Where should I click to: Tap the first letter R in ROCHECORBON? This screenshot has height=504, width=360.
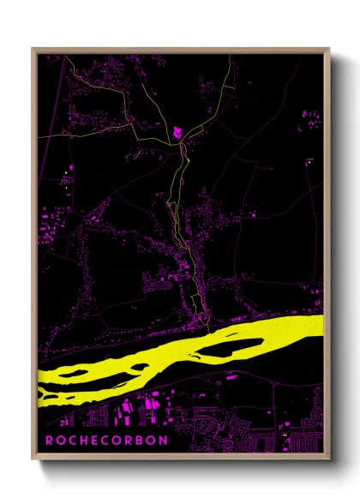click(x=49, y=440)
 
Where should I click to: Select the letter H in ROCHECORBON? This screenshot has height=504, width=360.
click(x=83, y=440)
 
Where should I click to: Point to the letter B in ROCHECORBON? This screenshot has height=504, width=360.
click(x=140, y=440)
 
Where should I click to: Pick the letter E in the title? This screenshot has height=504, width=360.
click(x=94, y=440)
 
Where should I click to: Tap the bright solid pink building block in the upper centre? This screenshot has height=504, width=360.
click(x=177, y=132)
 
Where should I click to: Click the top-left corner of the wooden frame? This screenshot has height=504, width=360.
click(x=32, y=49)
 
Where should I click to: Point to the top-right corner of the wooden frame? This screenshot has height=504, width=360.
click(x=330, y=49)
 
